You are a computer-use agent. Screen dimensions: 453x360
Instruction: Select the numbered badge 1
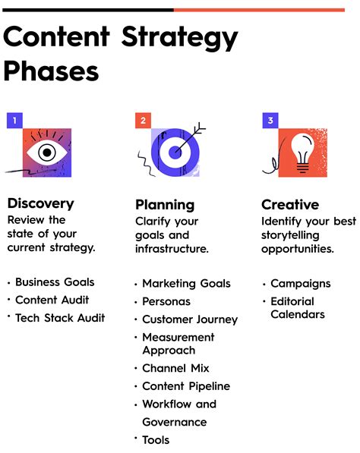tap(14, 120)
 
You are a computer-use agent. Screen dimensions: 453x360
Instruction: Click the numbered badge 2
tap(142, 120)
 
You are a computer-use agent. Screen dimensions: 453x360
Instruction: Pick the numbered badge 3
tap(270, 120)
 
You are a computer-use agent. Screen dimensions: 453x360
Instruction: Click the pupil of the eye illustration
tap(47, 152)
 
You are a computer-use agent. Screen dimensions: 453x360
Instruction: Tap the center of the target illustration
tap(173, 151)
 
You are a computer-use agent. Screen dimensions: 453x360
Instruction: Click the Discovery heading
tap(40, 203)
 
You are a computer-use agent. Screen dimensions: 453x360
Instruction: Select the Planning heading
tap(165, 205)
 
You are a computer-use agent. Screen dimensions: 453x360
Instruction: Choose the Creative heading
tap(290, 205)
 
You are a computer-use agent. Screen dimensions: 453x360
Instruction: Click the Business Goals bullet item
tap(55, 282)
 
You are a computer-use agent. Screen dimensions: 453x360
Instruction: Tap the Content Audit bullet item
tap(52, 300)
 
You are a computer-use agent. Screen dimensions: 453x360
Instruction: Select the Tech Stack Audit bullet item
tap(60, 318)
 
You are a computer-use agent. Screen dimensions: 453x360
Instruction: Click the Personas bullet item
tap(166, 301)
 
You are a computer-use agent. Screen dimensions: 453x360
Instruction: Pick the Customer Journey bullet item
tap(189, 319)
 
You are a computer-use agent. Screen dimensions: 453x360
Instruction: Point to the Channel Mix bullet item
tap(175, 368)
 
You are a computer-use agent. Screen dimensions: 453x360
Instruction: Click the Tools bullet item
tap(156, 440)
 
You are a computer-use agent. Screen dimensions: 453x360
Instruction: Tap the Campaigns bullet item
tap(300, 283)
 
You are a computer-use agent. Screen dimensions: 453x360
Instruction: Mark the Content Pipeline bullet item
tap(185, 386)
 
